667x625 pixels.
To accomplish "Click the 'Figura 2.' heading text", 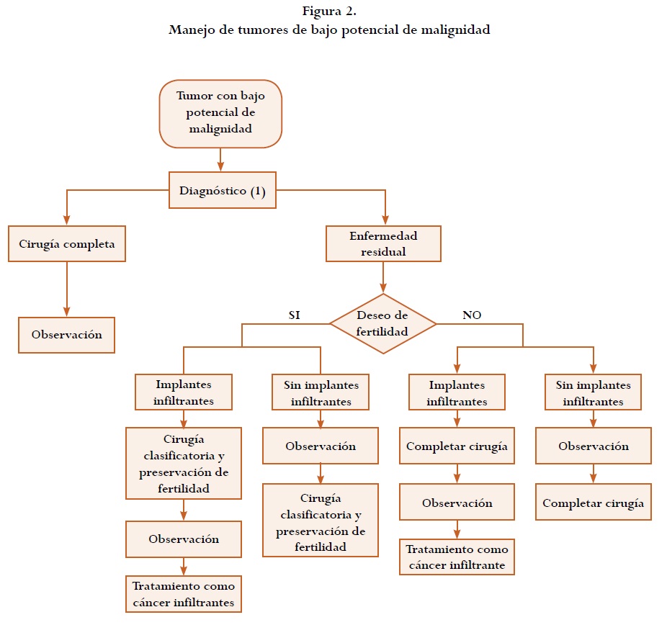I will pyautogui.click(x=329, y=12).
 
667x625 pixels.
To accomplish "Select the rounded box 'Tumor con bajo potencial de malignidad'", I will pyautogui.click(x=220, y=113).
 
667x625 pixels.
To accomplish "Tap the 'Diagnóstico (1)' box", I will pyautogui.click(x=223, y=191).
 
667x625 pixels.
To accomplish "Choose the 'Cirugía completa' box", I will pyautogui.click(x=67, y=244).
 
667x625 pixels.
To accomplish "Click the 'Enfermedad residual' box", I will pyautogui.click(x=383, y=244).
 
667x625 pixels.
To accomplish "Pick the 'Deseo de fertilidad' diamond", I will pyautogui.click(x=382, y=324).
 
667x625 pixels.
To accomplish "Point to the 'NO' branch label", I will pyautogui.click(x=472, y=315).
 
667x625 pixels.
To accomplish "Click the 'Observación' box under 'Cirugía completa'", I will pyautogui.click(x=67, y=335).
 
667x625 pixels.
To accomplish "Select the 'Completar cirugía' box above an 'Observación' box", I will pyautogui.click(x=457, y=446).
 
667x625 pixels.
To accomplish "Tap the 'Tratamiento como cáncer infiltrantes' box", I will pyautogui.click(x=184, y=594).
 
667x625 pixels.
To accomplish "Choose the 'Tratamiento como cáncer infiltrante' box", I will pyautogui.click(x=457, y=557).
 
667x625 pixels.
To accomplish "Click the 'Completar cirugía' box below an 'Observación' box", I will pyautogui.click(x=593, y=503).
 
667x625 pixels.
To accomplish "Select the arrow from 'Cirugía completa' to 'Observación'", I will pyautogui.click(x=67, y=288).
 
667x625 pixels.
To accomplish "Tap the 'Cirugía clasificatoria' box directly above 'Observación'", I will pyautogui.click(x=184, y=463).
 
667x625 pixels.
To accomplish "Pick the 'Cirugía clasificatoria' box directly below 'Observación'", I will pyautogui.click(x=321, y=519).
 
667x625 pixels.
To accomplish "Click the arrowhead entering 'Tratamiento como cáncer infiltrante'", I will pyautogui.click(x=457, y=534).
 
